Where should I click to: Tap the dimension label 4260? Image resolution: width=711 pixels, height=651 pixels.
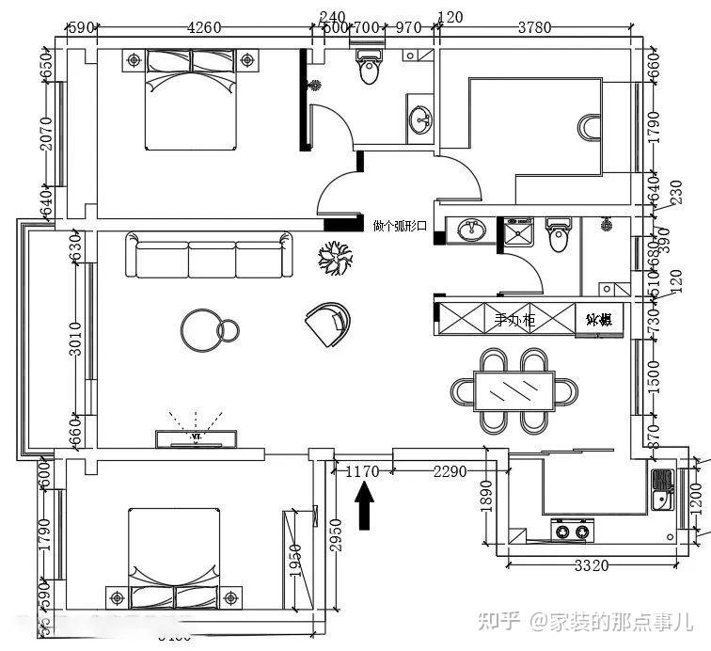204,27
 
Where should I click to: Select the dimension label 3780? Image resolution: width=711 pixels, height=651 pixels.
534,27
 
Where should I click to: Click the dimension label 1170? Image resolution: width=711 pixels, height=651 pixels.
362,471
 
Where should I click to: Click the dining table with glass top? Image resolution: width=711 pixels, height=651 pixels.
513,389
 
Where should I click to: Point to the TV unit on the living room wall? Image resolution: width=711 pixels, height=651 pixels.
196,437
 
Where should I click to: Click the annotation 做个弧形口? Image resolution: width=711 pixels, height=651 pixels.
400,226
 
